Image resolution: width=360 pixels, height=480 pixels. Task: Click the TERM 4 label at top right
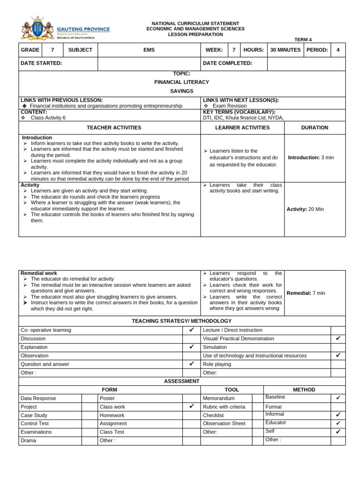point(303,40)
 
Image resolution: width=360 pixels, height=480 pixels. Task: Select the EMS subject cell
point(149,50)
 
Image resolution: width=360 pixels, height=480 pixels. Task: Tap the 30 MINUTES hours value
point(285,50)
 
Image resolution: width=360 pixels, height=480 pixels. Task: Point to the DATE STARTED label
point(41,63)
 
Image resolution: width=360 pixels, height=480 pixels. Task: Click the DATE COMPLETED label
point(227,63)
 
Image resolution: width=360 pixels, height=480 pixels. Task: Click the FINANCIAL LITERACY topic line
point(182,82)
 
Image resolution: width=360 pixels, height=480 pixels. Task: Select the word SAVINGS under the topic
point(182,90)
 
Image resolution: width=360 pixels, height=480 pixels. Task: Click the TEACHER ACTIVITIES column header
point(114,127)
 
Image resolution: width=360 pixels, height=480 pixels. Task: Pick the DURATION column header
point(315,127)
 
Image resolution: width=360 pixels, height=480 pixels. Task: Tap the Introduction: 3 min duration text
point(311,157)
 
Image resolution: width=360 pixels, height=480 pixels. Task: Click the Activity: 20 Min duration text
point(305,209)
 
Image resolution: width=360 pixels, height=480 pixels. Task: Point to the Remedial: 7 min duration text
point(306,293)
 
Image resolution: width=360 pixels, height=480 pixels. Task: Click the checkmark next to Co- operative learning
point(191,330)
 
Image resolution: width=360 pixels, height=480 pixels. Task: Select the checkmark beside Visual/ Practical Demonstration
point(338,338)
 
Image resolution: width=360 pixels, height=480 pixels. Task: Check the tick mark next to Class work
point(191,406)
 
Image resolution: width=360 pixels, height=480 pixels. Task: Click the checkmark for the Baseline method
point(338,398)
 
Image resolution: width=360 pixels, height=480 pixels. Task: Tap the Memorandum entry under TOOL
point(218,398)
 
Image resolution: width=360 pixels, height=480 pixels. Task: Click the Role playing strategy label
point(217,364)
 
